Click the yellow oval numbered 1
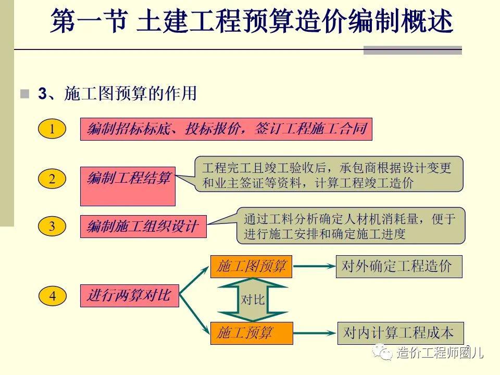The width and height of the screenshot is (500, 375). pos(52,129)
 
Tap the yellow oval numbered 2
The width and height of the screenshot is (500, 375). pos(52,179)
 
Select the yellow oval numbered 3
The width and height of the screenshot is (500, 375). pos(52,226)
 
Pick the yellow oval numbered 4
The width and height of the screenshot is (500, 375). pos(52,296)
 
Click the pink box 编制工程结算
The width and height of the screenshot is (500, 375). pos(128,186)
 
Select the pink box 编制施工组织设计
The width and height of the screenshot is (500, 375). pos(143,227)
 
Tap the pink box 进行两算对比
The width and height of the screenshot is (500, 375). pos(130,296)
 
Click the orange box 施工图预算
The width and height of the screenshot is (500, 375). pos(251,266)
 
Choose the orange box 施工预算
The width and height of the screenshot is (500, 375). pos(252,333)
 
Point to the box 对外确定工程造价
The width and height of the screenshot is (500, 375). pos(399,266)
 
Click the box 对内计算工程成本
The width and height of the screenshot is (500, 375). pos(401,333)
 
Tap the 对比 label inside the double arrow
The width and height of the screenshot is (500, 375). pos(253,300)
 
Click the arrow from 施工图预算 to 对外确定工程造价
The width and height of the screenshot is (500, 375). pos(314,266)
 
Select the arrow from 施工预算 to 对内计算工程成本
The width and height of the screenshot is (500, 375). pos(315,333)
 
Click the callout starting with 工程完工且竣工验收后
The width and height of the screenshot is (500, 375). pos(329,174)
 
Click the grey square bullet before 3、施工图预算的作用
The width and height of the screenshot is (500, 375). pos(25,94)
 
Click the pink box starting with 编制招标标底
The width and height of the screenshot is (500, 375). pos(226,129)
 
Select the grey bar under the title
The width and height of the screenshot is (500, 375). pos(413,51)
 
